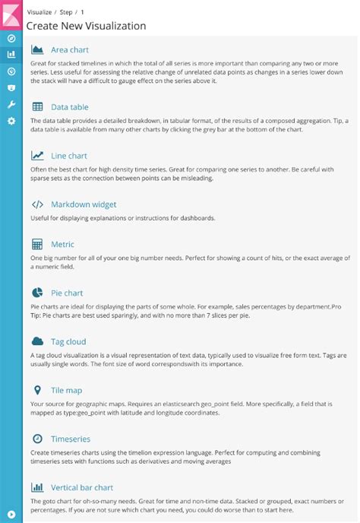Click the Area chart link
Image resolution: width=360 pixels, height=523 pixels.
coord(69,49)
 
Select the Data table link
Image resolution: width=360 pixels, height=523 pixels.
coord(69,107)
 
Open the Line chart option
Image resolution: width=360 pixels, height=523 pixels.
coord(68,156)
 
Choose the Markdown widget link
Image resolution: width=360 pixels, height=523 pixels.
coord(83,204)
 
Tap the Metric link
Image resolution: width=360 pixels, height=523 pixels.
coord(62,244)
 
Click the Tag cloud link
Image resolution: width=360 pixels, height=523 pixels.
coord(68,341)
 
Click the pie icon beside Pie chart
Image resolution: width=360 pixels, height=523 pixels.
coord(37,293)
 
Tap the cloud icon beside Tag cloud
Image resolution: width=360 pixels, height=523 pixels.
coord(37,341)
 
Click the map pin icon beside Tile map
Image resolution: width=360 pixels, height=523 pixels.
coord(37,390)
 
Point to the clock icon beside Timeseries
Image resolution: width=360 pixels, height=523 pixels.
coord(37,439)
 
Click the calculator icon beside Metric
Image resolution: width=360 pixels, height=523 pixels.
coord(37,244)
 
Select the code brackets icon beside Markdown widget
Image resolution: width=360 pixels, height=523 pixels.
coord(37,204)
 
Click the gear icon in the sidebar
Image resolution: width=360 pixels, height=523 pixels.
coord(11,121)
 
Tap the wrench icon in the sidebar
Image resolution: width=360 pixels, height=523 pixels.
coord(11,104)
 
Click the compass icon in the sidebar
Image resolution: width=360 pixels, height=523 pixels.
coord(11,38)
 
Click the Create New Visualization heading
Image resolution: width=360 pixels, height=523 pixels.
coord(86,26)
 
